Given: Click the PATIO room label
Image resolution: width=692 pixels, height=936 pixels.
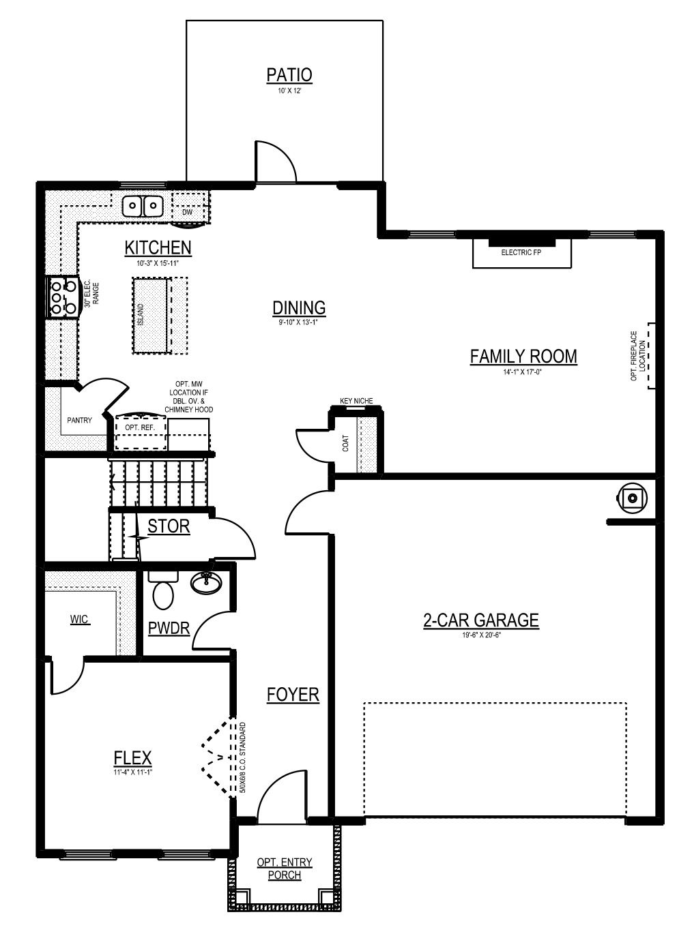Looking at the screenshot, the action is point(289,75).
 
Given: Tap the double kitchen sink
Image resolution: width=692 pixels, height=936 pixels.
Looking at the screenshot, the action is point(143,207).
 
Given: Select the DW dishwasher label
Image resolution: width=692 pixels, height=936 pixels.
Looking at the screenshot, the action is point(187,212).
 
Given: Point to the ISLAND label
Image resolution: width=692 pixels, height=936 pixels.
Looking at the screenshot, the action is point(141,314).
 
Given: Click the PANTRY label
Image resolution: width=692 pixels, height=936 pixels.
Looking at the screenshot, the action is point(79,420).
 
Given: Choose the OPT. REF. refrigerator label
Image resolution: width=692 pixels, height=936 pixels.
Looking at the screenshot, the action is point(140,427).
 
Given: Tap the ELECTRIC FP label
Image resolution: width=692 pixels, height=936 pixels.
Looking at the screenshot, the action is point(521,252).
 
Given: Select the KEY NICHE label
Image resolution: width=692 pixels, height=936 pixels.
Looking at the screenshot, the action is point(356,400).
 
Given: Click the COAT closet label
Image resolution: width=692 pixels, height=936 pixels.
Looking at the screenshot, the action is point(345,443).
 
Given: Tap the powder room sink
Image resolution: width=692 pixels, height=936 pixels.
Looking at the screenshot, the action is point(206,583).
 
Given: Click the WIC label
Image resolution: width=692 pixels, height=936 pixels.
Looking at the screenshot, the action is point(79,619).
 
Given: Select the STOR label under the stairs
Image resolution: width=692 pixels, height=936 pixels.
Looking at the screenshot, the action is point(169,526).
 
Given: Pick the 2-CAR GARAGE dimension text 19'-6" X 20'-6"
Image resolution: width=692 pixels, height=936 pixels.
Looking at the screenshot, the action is point(481,634).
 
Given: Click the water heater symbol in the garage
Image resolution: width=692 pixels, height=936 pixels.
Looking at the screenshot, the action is point(631,498).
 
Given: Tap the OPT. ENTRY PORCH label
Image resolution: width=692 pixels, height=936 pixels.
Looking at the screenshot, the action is point(285,869).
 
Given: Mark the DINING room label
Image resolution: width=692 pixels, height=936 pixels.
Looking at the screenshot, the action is point(299,308).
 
